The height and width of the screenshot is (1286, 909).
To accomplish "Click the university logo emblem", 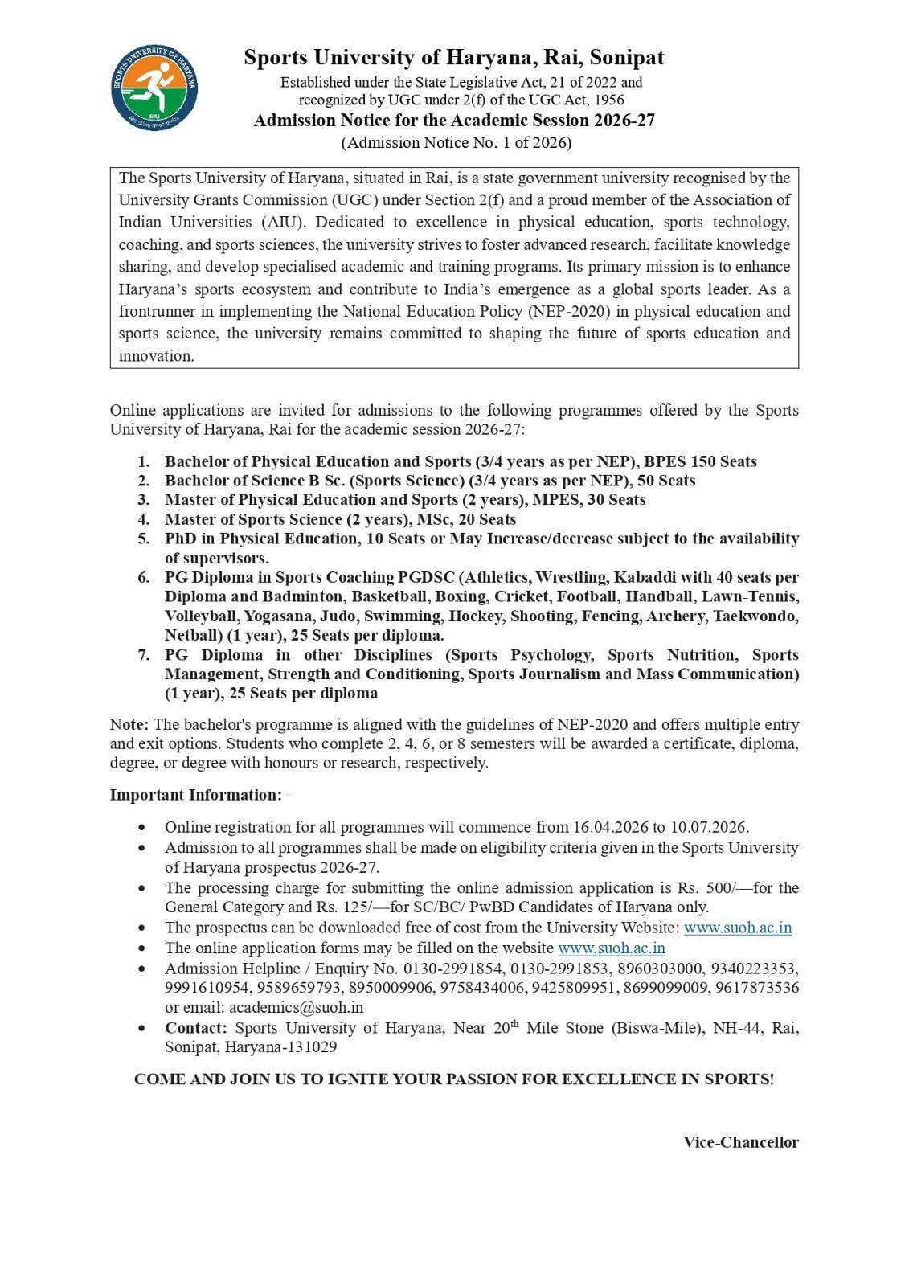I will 154,88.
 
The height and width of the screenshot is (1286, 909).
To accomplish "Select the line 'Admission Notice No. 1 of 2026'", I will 456,143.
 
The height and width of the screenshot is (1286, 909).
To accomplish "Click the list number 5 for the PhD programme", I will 144,539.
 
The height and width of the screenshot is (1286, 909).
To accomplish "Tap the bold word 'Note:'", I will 129,725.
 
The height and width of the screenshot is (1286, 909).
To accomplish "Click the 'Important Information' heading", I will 195,795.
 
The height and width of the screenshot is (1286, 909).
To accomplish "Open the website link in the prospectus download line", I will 737,928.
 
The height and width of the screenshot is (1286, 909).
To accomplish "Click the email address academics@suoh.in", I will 296,1007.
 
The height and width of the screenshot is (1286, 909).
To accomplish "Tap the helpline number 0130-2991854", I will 453,969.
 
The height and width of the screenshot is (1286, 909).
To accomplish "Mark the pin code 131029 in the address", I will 312,1047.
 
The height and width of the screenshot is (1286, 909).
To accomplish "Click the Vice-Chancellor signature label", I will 740,1142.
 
